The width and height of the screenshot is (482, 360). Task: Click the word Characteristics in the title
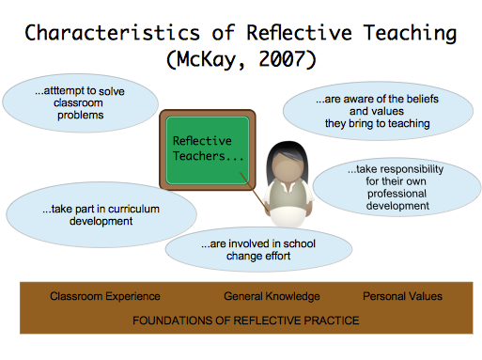point(112,33)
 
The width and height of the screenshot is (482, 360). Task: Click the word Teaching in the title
point(410,34)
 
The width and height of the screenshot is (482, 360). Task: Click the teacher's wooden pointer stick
point(255,193)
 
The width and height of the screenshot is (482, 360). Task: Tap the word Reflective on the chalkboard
point(202,141)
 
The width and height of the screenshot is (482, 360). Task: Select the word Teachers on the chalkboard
point(199,156)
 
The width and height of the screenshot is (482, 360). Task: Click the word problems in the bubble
point(80,116)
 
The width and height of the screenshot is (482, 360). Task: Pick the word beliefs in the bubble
point(422,99)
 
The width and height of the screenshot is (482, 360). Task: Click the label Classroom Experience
point(105,296)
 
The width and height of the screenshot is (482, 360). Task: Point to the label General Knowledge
point(272,296)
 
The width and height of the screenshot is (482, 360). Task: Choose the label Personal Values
point(402,296)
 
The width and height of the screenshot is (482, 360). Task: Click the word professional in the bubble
point(396,194)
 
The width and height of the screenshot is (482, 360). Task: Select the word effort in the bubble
point(277,256)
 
